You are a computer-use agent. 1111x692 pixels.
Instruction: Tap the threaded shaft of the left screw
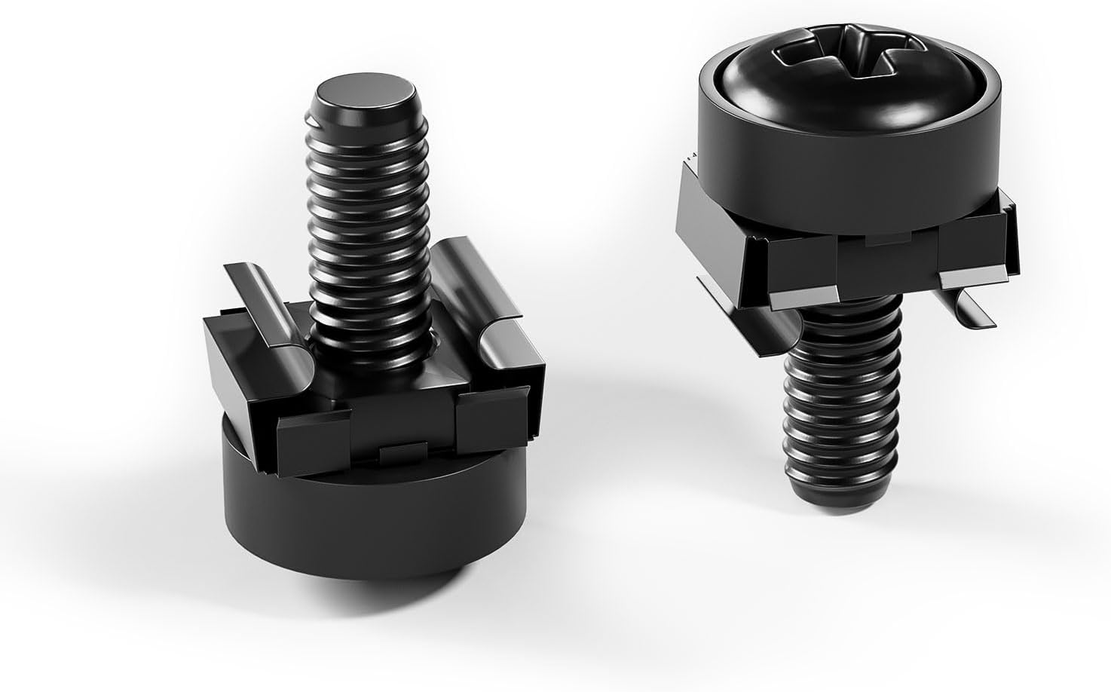coord(366,226)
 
